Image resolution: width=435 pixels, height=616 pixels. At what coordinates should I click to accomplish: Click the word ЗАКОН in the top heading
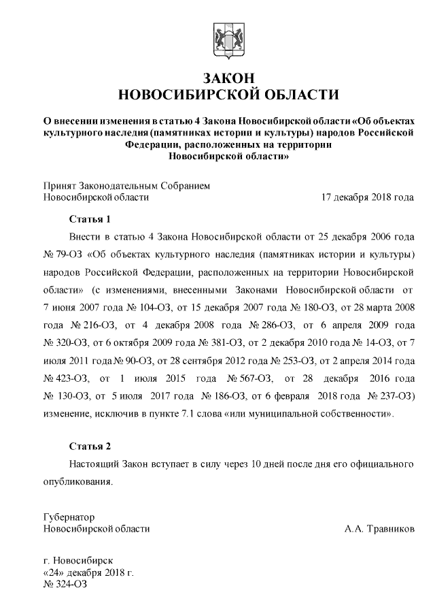pos(228,76)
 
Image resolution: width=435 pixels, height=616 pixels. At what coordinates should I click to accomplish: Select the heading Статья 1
pos(90,219)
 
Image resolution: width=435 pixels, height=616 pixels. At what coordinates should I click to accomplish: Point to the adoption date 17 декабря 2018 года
pos(367,198)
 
